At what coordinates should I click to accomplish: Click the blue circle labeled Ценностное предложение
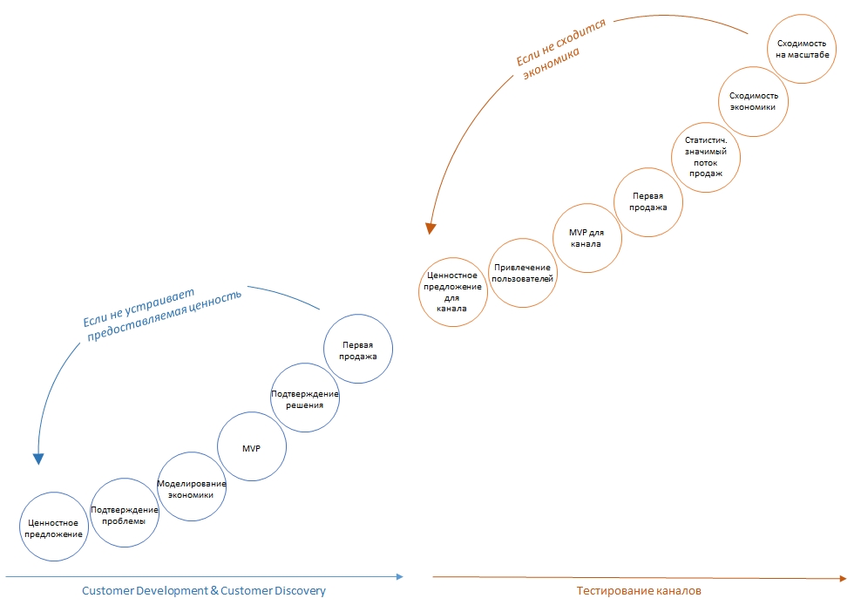click(x=54, y=527)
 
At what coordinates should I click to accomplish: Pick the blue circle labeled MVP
click(x=251, y=448)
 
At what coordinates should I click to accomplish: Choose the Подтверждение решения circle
click(x=304, y=399)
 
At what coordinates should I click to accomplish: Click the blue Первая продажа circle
click(x=357, y=350)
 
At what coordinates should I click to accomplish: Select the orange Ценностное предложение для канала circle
click(x=452, y=292)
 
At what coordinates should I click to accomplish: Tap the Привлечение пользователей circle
click(x=523, y=273)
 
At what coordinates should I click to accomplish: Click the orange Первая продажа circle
click(x=648, y=201)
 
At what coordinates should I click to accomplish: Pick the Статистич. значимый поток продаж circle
click(x=706, y=157)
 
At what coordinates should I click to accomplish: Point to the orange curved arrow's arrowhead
click(x=430, y=228)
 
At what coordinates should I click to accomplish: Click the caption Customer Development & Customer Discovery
click(x=203, y=591)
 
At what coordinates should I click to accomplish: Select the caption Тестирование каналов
click(x=638, y=591)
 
